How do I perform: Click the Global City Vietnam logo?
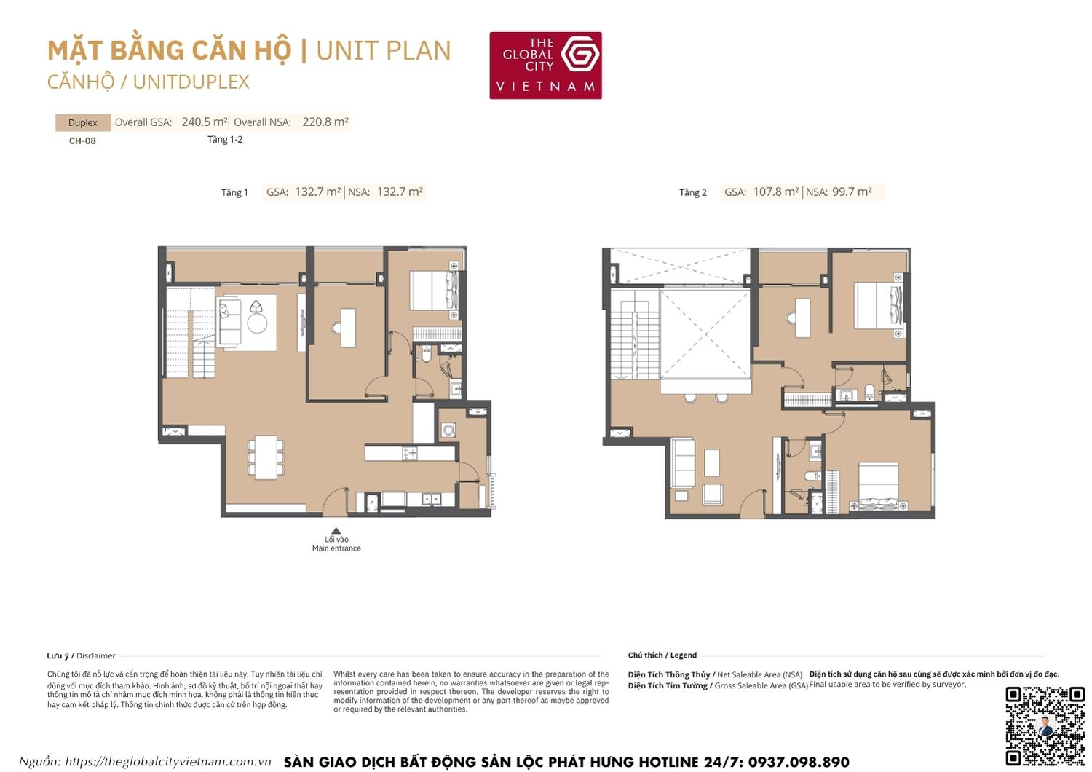(x=545, y=66)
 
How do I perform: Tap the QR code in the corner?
(x=1045, y=725)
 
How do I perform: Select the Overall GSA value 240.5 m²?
(x=205, y=122)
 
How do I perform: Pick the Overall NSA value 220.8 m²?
(x=325, y=122)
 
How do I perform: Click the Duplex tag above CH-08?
(x=82, y=122)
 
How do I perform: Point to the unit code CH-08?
(x=82, y=141)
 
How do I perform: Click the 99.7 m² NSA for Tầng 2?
(x=852, y=192)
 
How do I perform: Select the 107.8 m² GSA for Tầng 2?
(x=776, y=192)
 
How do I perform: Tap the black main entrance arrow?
(x=336, y=532)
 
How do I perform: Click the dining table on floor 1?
(x=265, y=457)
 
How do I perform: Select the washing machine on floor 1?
(x=448, y=430)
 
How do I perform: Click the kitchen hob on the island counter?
(x=410, y=453)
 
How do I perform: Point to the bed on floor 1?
(x=432, y=291)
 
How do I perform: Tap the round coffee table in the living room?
(x=257, y=323)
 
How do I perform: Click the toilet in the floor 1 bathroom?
(x=427, y=355)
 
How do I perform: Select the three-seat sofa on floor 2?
(x=683, y=462)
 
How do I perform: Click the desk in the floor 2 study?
(x=802, y=318)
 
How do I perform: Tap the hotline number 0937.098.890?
(x=799, y=762)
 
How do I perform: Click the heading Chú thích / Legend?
(x=662, y=655)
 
